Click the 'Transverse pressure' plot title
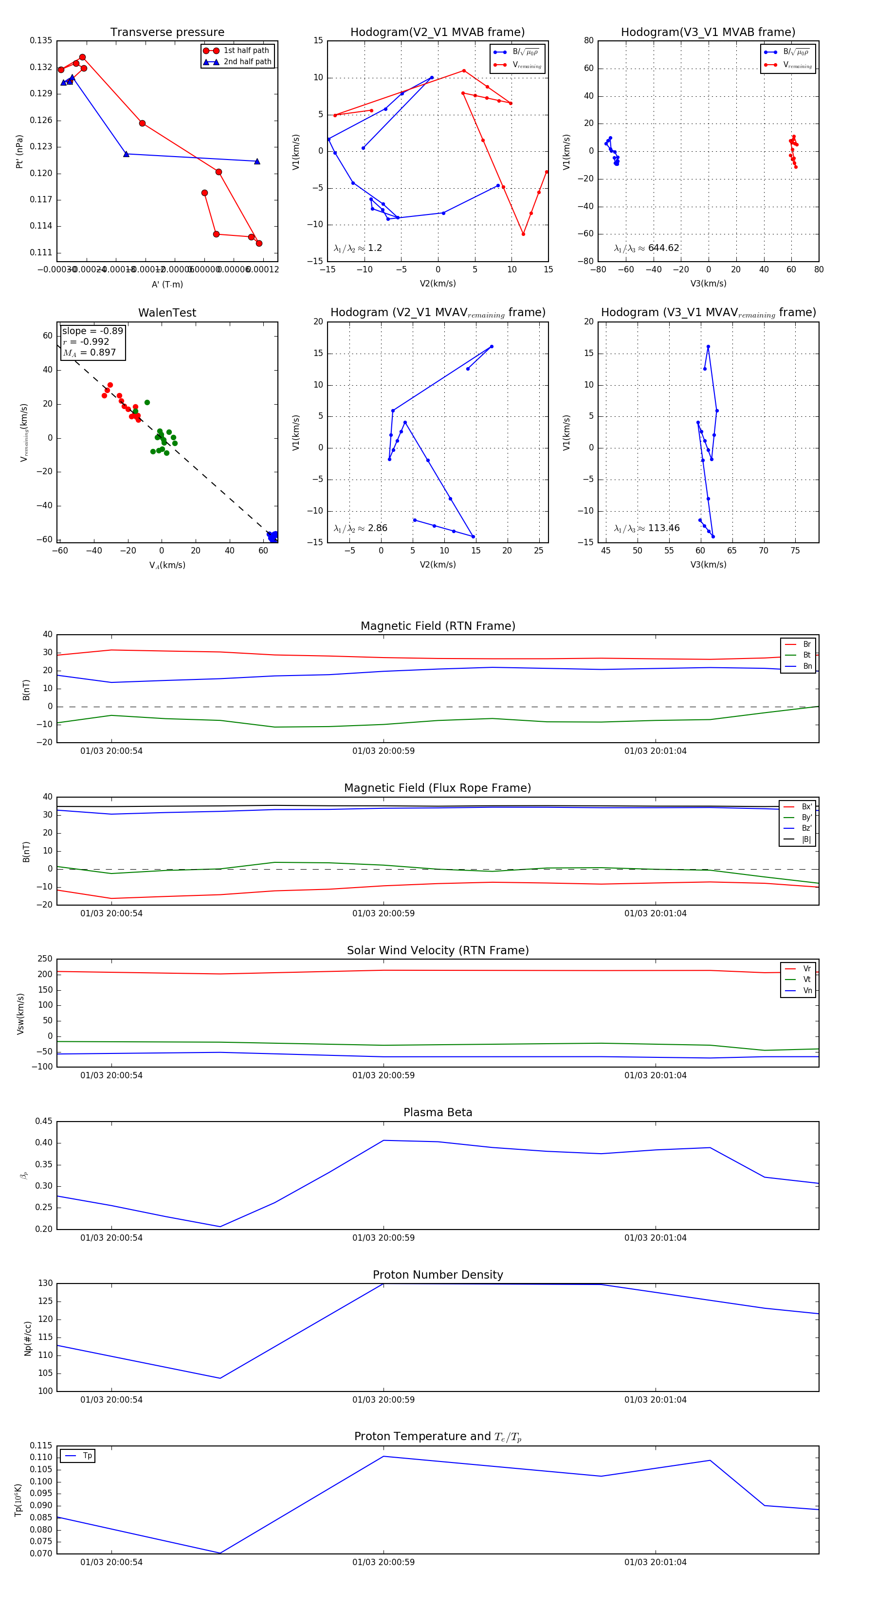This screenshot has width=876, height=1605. (167, 33)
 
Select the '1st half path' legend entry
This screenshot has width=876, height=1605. (246, 51)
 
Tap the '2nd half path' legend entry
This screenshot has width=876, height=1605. (247, 62)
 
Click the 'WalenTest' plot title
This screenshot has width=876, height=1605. (167, 313)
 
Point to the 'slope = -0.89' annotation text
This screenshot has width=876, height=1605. (92, 331)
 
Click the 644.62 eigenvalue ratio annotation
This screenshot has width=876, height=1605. (647, 248)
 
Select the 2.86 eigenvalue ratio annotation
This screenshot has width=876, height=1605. (360, 528)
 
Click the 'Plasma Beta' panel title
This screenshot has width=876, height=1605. (438, 1113)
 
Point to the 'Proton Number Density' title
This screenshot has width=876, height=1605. (438, 1275)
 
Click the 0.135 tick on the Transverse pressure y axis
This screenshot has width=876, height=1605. (41, 40)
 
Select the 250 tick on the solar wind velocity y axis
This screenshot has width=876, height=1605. (45, 959)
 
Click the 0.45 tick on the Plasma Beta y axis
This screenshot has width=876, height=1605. (44, 1122)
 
